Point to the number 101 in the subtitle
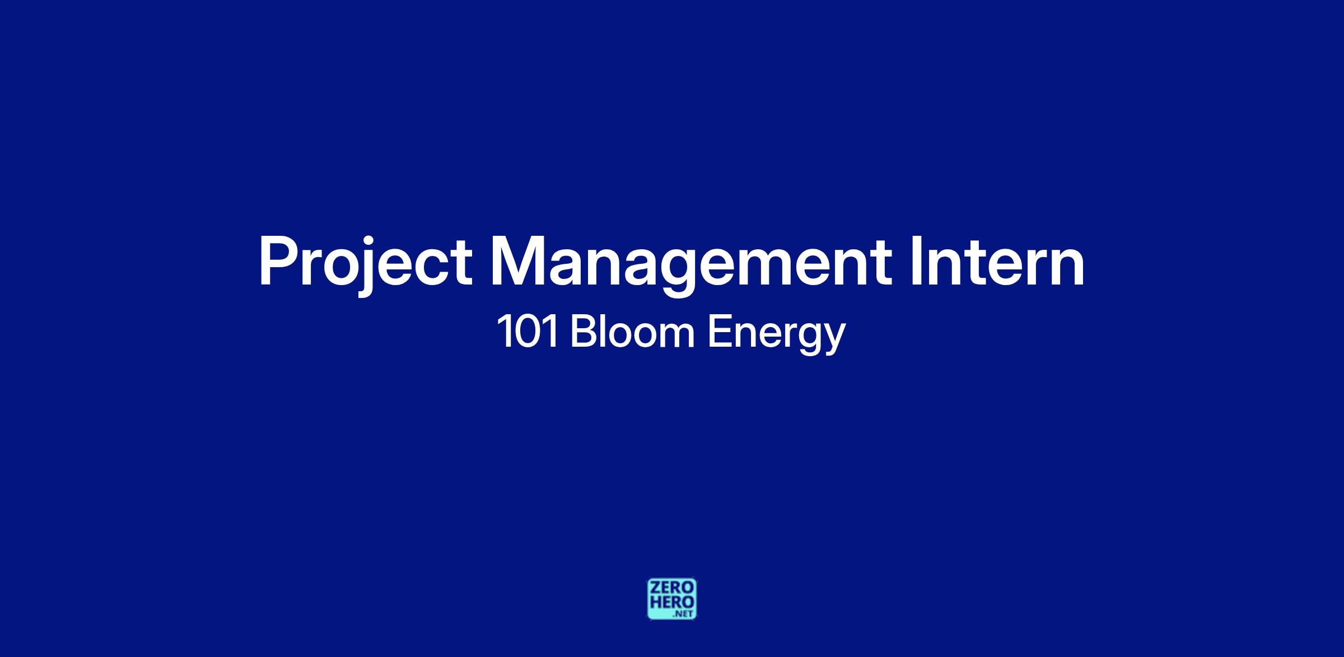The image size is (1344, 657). (x=528, y=332)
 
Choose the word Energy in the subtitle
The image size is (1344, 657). (x=776, y=335)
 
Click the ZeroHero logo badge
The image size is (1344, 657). (x=672, y=599)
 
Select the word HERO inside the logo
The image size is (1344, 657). (x=672, y=602)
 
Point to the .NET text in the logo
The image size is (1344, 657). (x=685, y=614)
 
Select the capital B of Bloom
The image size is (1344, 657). (x=583, y=332)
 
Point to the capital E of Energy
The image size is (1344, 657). (x=719, y=332)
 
